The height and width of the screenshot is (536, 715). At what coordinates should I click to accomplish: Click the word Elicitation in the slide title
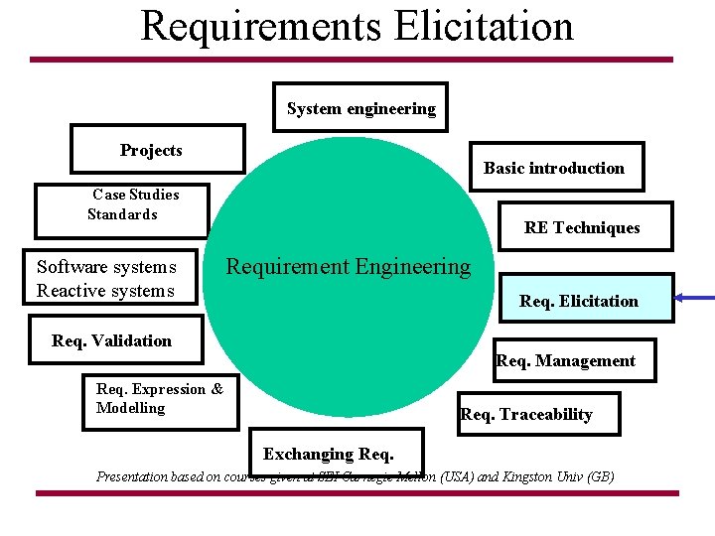click(x=483, y=26)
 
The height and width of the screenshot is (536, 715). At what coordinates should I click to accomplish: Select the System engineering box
click(x=360, y=108)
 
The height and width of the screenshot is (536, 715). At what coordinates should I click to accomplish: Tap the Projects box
click(x=157, y=150)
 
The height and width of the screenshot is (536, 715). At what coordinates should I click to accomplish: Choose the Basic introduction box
click(x=554, y=168)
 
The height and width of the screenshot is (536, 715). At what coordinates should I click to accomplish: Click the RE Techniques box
click(x=582, y=227)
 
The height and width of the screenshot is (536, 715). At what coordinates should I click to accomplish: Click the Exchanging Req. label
click(x=328, y=454)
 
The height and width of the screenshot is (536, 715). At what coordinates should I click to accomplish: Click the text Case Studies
click(x=136, y=195)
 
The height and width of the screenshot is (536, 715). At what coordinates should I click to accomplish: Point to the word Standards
click(x=122, y=214)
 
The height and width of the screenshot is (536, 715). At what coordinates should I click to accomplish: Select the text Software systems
click(x=106, y=266)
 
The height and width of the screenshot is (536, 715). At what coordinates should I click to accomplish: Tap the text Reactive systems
click(x=105, y=290)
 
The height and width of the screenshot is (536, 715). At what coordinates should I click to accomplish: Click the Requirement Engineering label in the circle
click(x=349, y=266)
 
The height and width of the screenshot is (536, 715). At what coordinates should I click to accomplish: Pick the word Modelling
click(x=130, y=408)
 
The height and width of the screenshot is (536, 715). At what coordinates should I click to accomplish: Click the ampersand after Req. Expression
click(x=217, y=389)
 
